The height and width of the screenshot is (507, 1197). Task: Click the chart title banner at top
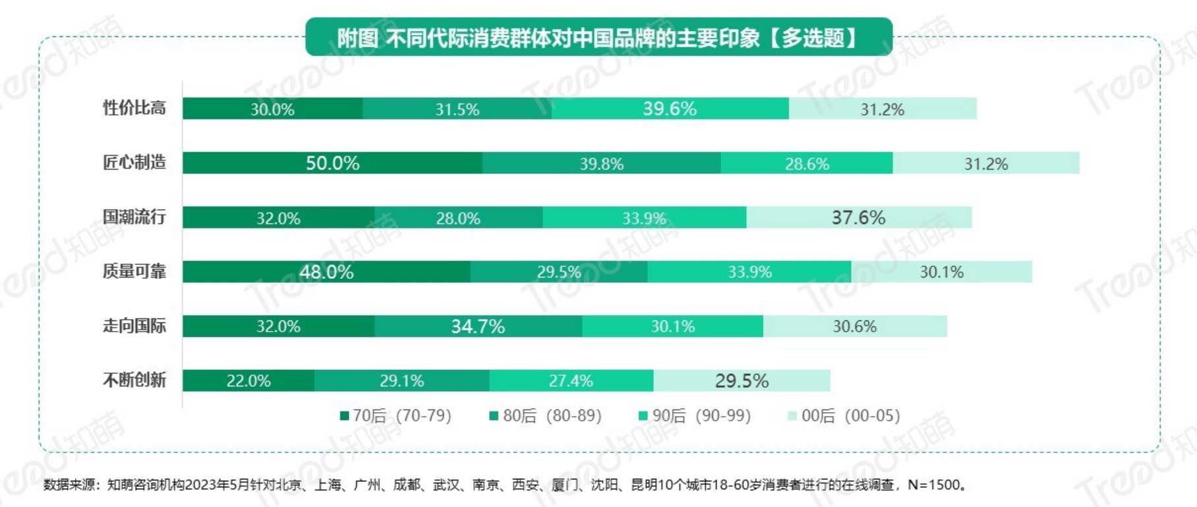(598, 38)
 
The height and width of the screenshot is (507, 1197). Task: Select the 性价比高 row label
(134, 108)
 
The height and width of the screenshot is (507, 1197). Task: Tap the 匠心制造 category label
(134, 163)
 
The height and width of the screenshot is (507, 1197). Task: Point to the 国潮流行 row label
(134, 217)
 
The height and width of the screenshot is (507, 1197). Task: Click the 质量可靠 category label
(134, 271)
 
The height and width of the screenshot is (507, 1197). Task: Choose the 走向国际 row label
(134, 326)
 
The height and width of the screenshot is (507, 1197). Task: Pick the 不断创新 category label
(134, 380)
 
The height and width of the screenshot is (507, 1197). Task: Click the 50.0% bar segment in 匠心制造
(332, 163)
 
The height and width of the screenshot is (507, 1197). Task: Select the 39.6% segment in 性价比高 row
(670, 109)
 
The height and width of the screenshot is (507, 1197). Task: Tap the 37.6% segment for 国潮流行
(858, 218)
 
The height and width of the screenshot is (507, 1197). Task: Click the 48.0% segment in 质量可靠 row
(326, 272)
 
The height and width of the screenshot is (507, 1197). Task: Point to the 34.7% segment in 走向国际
(478, 326)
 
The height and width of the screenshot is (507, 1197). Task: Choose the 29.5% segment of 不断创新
(742, 380)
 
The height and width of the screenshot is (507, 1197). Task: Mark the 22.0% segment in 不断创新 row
(248, 380)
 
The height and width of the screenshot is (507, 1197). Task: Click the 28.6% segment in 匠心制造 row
(807, 164)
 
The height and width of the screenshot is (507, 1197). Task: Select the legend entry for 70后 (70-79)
(395, 415)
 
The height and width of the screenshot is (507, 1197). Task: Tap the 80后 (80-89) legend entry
(546, 415)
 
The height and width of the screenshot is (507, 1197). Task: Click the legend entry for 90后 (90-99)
(695, 415)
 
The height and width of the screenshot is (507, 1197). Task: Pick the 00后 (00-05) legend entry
(844, 415)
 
